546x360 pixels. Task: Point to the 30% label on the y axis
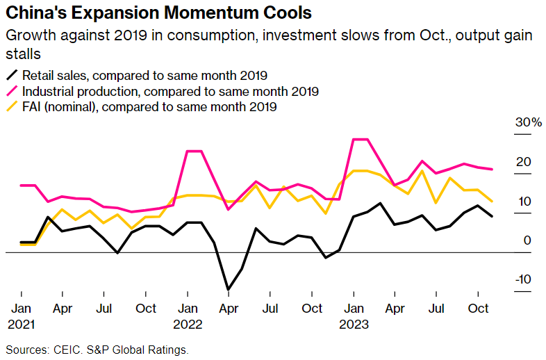[x=527, y=122]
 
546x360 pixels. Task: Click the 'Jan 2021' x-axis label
[x=22, y=316]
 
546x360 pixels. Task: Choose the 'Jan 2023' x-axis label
[x=354, y=316]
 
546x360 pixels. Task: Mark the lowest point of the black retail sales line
[x=228, y=289]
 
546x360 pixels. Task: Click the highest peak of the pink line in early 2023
[x=360, y=140]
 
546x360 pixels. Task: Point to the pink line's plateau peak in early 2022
[x=194, y=151]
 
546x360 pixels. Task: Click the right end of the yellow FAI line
[x=493, y=202]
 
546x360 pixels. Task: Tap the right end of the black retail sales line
[x=493, y=216]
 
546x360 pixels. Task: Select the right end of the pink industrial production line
[x=493, y=169]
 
